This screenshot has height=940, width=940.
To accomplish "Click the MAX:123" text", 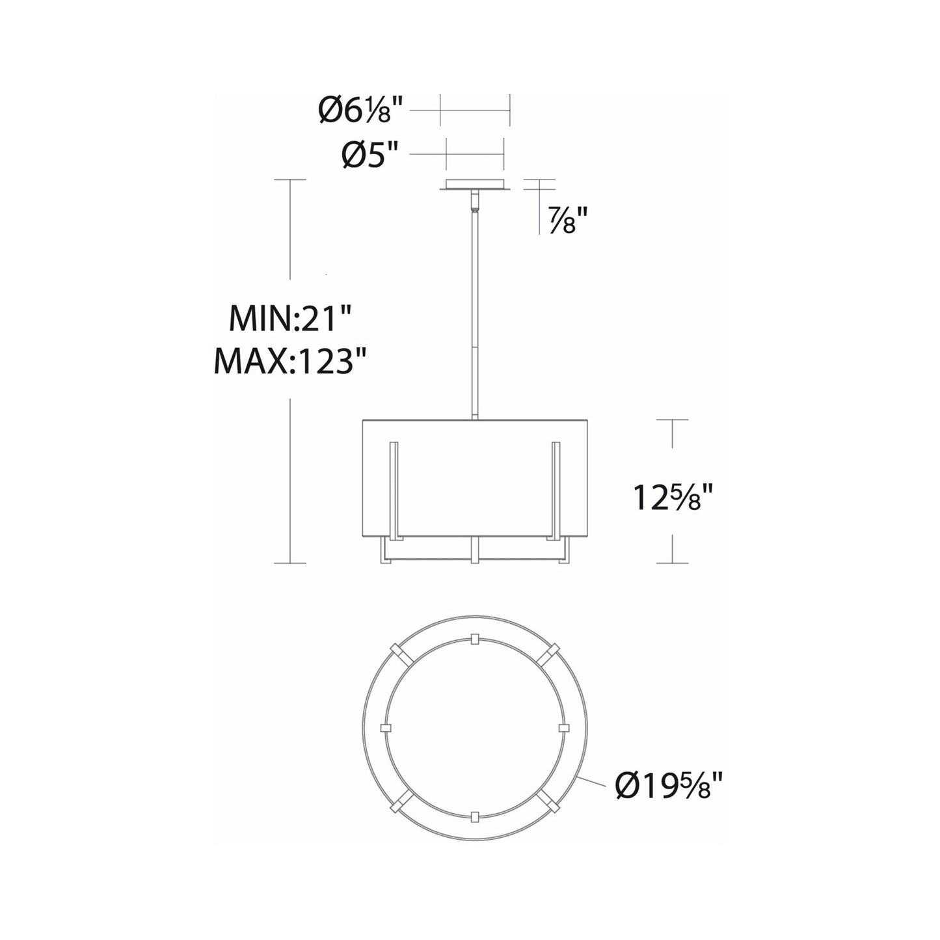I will pyautogui.click(x=290, y=362).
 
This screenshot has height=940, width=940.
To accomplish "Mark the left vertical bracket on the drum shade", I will pyautogui.click(x=393, y=491).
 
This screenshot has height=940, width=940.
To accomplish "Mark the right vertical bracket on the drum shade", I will pyautogui.click(x=556, y=491).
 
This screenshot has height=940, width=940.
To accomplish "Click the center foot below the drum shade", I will pyautogui.click(x=475, y=550).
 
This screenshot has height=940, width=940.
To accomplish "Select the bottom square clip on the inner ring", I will pyautogui.click(x=474, y=816).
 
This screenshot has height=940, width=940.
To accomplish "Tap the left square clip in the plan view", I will pyautogui.click(x=386, y=727).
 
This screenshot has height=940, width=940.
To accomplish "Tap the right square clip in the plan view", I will pyautogui.click(x=563, y=727).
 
